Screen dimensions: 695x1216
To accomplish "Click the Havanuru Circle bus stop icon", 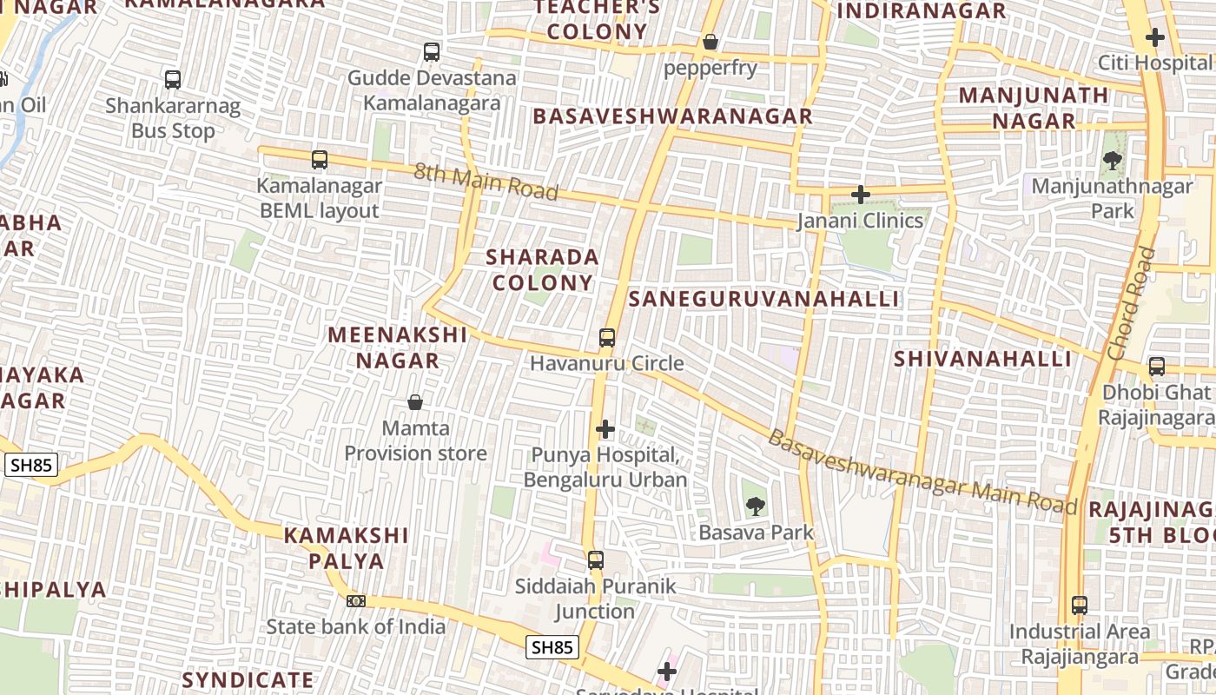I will click(x=607, y=338).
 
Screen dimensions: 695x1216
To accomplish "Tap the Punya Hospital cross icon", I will click(x=605, y=429).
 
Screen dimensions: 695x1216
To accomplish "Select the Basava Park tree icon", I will click(x=756, y=506).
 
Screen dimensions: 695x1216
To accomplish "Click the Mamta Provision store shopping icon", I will click(x=415, y=402).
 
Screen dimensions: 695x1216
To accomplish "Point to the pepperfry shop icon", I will click(x=710, y=42).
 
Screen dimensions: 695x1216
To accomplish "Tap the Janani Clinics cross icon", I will click(x=861, y=195).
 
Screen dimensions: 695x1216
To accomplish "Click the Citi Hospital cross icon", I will click(x=1154, y=37).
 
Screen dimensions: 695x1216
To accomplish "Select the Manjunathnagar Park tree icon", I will click(x=1112, y=161).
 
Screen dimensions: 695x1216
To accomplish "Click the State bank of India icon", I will click(x=355, y=600).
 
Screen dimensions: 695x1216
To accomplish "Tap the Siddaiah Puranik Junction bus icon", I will click(x=595, y=560).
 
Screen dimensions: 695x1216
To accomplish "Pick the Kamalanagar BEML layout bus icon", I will click(x=320, y=160).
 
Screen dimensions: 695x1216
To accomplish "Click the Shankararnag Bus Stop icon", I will click(x=173, y=80).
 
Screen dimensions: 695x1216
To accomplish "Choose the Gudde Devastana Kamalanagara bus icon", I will click(x=432, y=52).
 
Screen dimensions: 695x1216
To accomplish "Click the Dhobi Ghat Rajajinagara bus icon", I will click(x=1156, y=367).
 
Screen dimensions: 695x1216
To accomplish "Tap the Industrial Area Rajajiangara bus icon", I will click(x=1079, y=606).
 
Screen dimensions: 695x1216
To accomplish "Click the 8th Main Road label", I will click(x=486, y=181).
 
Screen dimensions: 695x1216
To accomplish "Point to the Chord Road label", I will click(x=1132, y=303).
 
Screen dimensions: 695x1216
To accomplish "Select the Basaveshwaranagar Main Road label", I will click(x=922, y=473).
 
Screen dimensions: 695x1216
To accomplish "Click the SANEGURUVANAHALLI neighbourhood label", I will click(x=763, y=299).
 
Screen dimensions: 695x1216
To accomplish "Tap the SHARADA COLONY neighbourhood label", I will click(x=542, y=269).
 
